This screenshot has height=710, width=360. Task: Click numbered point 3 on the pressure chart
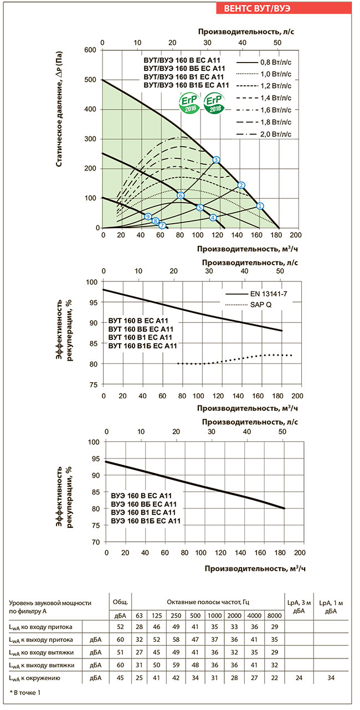point(217,160)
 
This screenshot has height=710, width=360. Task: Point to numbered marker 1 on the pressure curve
point(260,206)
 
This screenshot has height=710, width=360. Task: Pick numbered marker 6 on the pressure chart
point(181,195)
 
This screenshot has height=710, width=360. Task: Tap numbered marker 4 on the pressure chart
point(213,218)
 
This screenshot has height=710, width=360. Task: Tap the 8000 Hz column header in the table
point(274,615)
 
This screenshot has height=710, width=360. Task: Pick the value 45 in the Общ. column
point(121,677)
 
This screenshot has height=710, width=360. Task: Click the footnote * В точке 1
point(25,693)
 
